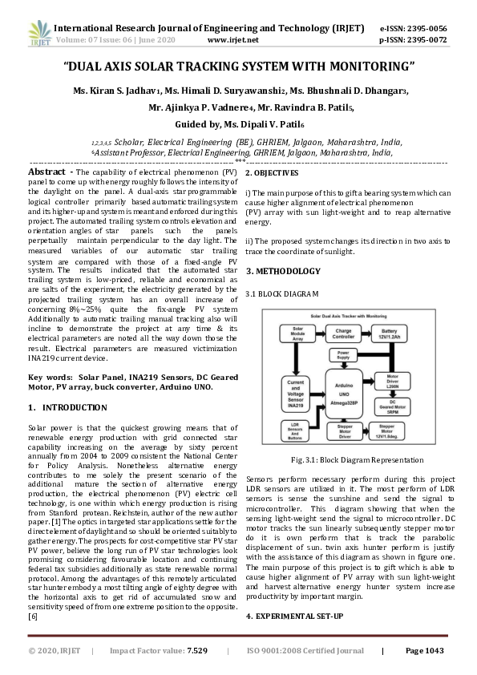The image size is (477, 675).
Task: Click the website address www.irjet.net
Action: pos(232,39)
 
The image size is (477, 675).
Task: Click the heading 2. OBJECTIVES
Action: pos(272,173)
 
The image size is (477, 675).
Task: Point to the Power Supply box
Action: pos(343,354)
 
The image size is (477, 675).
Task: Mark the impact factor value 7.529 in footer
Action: pos(197,651)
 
